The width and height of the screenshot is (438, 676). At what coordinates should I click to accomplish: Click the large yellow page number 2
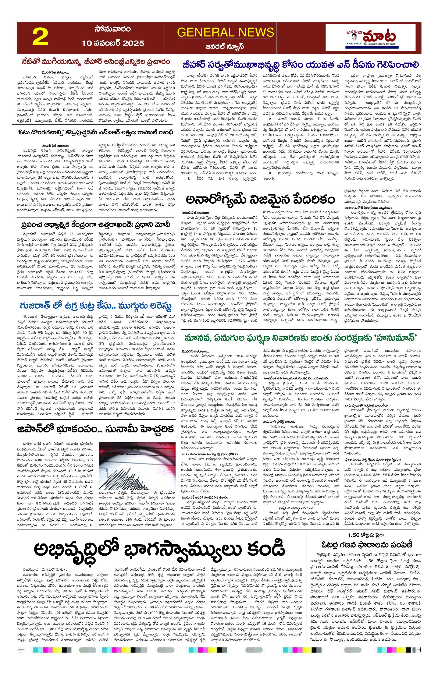point(40,38)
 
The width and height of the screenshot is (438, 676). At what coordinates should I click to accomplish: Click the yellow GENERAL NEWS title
point(226,32)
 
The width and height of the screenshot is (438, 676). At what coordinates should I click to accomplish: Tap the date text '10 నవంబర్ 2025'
point(113,43)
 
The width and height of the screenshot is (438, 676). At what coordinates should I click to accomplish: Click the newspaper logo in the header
point(373,38)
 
